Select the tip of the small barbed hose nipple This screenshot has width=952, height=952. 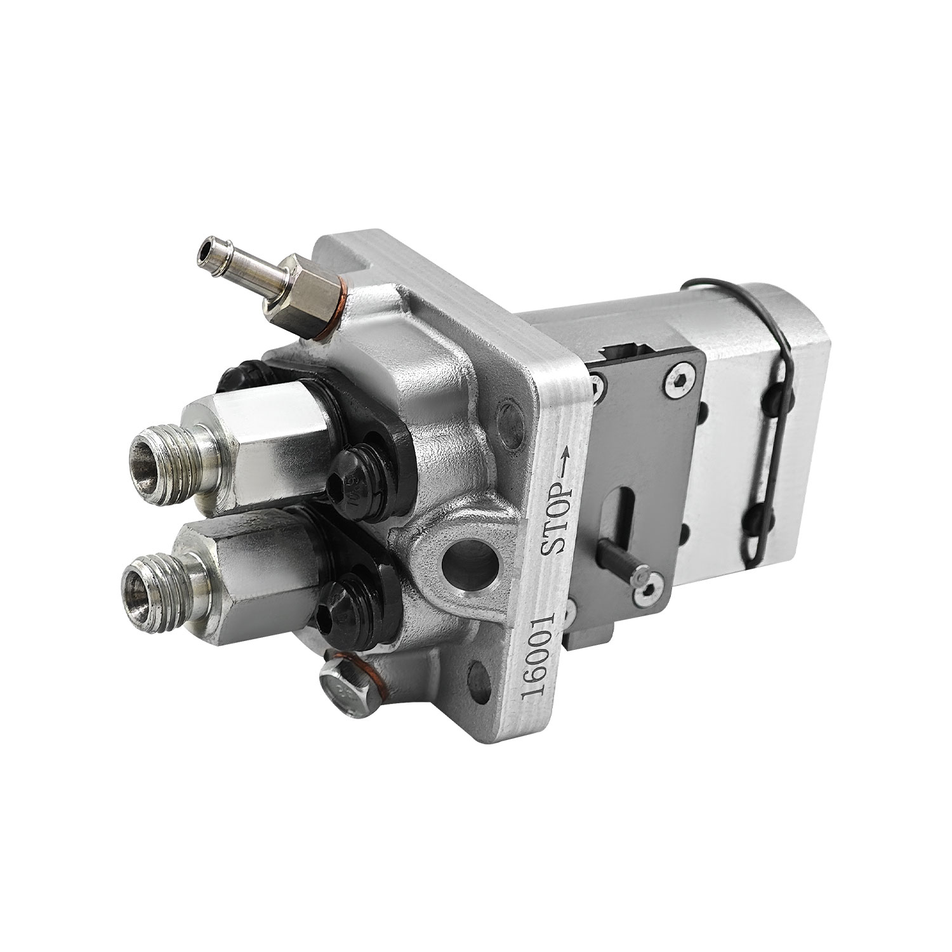[x=207, y=249]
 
